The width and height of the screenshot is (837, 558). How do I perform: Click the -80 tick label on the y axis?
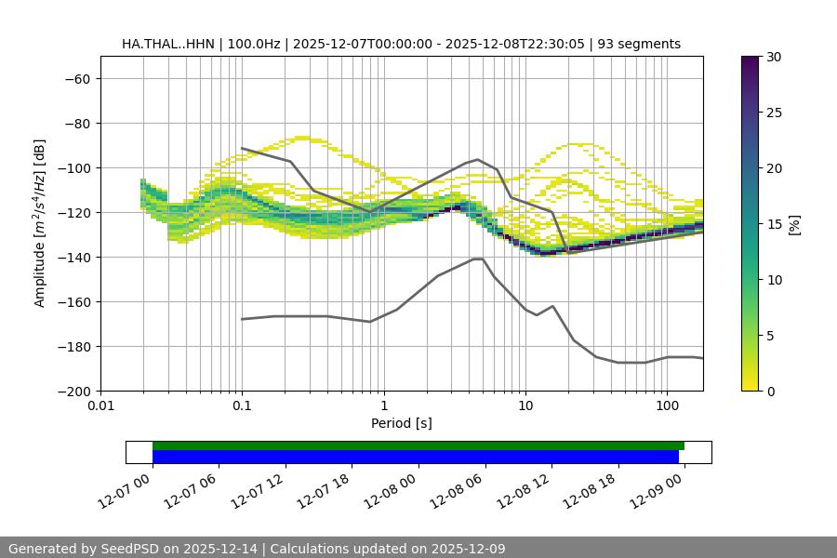76,124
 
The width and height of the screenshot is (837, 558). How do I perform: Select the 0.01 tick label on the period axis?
100,406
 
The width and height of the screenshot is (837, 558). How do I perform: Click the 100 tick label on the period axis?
667,406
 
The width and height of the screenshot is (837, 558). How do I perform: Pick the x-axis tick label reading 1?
383,406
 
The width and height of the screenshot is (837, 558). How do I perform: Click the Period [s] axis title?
401,423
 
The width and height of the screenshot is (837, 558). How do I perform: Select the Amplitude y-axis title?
40,223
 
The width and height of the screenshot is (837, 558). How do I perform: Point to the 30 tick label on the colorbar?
773,57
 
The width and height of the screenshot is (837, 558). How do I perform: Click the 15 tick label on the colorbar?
773,224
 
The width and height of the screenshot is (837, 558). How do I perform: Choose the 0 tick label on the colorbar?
769,392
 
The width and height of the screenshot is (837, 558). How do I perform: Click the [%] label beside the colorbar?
794,224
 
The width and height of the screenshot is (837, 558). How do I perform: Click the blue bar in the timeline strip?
415,457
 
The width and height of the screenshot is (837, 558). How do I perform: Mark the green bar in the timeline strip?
418,445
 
